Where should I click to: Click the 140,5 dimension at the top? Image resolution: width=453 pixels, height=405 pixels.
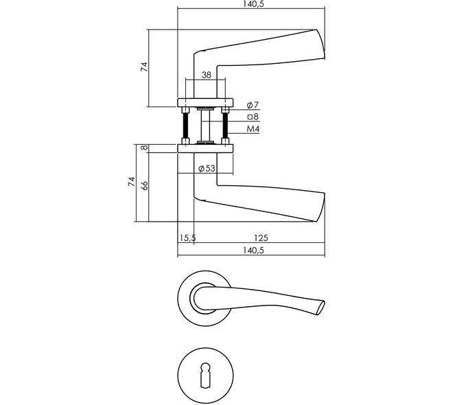click(253, 4)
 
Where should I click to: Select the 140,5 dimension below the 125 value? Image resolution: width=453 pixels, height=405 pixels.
click(253, 250)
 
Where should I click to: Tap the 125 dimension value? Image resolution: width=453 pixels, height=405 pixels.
click(261, 238)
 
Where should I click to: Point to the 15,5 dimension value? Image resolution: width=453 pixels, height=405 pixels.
click(187, 238)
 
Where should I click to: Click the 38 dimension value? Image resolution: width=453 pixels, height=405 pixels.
click(207, 75)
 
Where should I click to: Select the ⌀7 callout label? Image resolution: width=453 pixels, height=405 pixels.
click(253, 105)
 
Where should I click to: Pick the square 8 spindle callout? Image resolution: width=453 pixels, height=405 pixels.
click(253, 117)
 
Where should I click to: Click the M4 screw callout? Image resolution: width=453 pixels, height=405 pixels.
click(253, 129)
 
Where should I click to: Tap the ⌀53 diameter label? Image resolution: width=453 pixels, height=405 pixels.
click(207, 168)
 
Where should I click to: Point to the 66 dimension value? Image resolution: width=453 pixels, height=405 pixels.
click(145, 185)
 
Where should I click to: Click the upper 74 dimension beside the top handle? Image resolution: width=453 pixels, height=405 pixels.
click(144, 67)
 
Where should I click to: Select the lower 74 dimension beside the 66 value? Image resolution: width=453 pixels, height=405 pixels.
click(132, 181)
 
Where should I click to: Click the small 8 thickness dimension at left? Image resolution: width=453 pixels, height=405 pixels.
click(144, 148)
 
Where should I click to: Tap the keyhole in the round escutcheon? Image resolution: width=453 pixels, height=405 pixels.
click(205, 374)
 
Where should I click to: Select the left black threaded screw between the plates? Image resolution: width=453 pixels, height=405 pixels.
click(185, 126)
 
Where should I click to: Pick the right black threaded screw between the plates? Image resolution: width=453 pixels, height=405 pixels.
click(225, 126)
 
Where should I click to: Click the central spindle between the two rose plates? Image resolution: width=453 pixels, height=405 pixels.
click(205, 126)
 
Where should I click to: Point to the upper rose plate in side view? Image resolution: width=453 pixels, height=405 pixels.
click(205, 102)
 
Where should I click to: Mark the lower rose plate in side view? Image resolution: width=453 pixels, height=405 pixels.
click(205, 148)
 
